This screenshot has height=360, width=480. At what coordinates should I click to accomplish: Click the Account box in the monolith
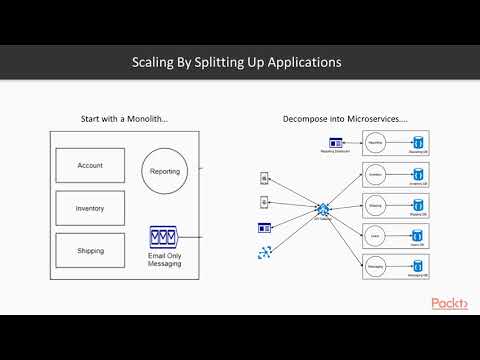coord(90,165)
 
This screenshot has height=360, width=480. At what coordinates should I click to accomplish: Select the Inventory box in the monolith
coord(90,208)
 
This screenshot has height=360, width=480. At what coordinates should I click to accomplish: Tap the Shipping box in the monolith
coord(90,251)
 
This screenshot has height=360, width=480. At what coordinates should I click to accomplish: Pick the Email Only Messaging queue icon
coord(164,237)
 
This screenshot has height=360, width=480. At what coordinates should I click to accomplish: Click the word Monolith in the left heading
coord(146,118)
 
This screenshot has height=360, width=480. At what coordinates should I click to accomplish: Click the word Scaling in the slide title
coord(155,62)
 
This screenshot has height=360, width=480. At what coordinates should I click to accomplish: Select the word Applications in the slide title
coord(302,62)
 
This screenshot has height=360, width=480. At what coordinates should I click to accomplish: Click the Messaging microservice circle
coord(376,268)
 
